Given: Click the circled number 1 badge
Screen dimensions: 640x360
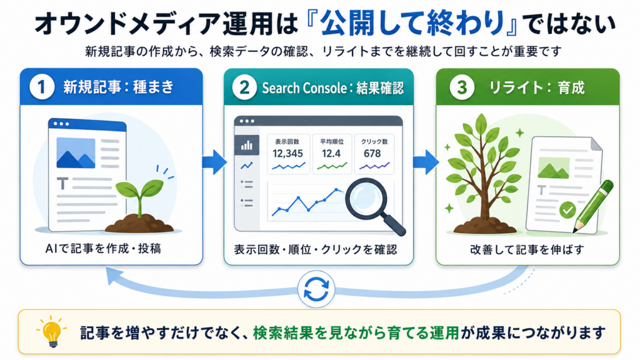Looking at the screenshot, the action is pyautogui.click(x=42, y=87).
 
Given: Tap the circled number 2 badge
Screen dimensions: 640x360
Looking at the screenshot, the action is pyautogui.click(x=244, y=87).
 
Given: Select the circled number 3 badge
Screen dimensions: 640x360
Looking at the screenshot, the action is pyautogui.click(x=462, y=87).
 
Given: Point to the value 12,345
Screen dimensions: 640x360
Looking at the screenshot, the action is pyautogui.click(x=287, y=154).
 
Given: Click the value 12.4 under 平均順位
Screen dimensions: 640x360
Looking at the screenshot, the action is pyautogui.click(x=331, y=154).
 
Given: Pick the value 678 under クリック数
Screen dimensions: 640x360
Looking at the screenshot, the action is pyautogui.click(x=372, y=154).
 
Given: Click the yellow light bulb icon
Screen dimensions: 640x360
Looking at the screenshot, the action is pyautogui.click(x=52, y=331).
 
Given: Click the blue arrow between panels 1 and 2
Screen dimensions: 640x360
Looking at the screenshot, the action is pyautogui.click(x=214, y=162).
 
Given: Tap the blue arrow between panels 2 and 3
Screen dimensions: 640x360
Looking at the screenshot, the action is pyautogui.click(x=426, y=162).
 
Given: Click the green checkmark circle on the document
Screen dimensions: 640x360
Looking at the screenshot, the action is pyautogui.click(x=567, y=210).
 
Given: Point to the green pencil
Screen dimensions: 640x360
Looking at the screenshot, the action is pyautogui.click(x=594, y=206).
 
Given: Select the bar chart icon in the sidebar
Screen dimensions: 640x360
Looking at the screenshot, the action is pyautogui.click(x=246, y=145).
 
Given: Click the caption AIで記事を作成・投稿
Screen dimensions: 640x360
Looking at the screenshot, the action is pyautogui.click(x=103, y=248).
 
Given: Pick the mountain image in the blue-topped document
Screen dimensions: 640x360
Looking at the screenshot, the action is pyautogui.click(x=76, y=153).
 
